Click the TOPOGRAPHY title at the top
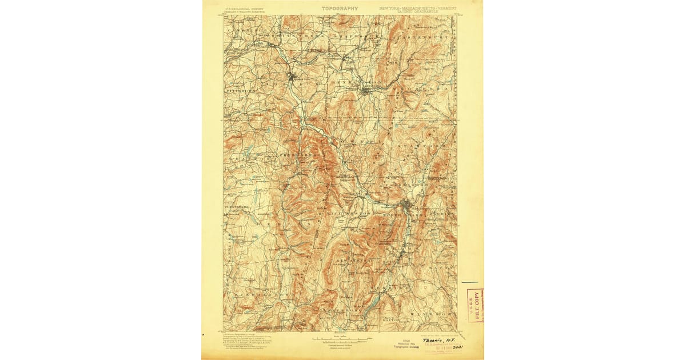340,9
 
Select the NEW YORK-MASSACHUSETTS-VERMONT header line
409,9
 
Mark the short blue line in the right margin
469,282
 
